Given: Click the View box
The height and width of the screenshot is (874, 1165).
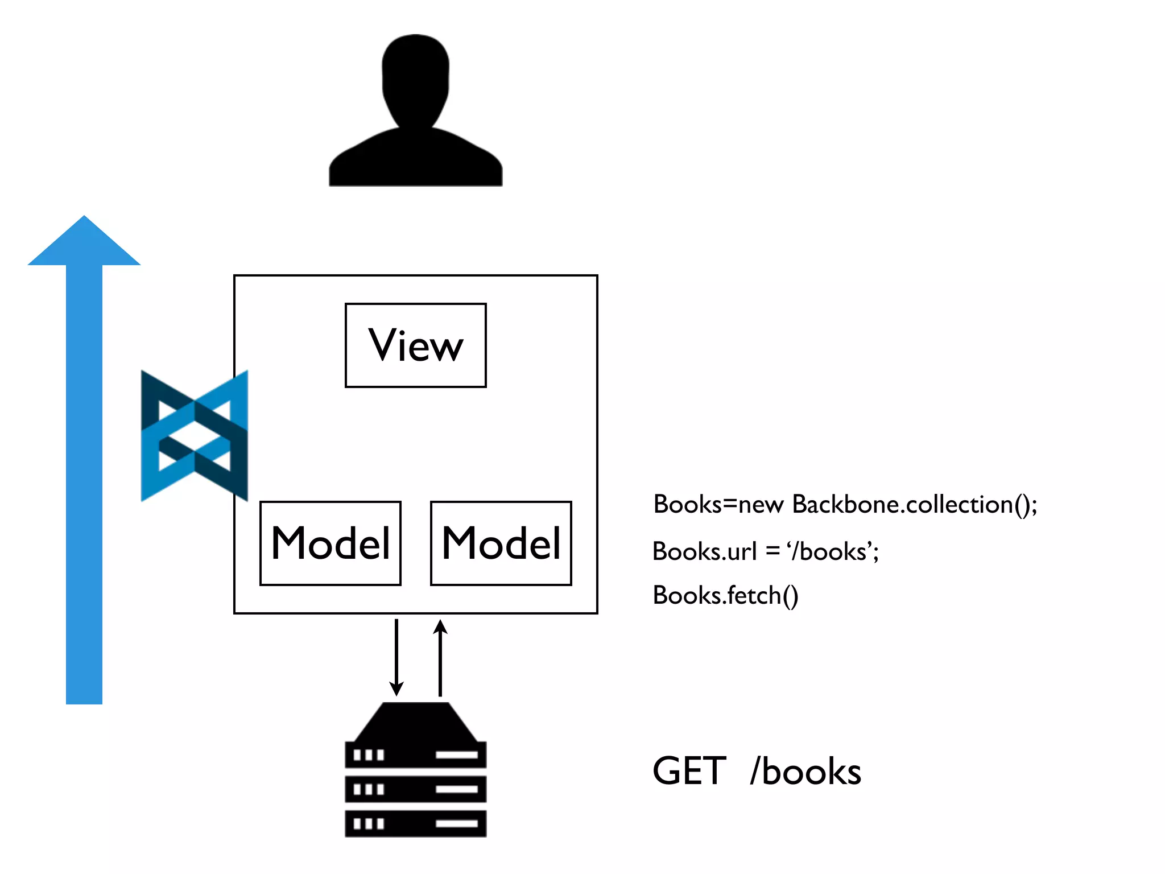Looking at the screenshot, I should point(416,345).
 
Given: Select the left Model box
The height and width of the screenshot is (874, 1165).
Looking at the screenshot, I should point(331,543).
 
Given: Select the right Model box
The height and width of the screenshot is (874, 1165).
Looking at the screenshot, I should point(501,543).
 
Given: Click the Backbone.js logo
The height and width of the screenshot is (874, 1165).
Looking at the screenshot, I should point(194,436).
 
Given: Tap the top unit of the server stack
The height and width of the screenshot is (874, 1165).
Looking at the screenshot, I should point(416,755).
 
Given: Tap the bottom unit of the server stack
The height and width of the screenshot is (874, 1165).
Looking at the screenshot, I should point(416,823).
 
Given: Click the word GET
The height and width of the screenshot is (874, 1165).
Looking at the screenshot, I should point(689,772).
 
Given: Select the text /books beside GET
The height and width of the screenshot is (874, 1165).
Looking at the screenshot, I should point(805,772).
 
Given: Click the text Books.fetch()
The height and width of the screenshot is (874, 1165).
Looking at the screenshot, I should point(725,596).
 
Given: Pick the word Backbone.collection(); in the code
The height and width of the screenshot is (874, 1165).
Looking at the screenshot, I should point(915,505).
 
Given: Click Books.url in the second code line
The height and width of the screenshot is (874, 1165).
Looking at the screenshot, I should point(704,551).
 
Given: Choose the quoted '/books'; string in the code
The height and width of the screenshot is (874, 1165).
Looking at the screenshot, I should point(833,551).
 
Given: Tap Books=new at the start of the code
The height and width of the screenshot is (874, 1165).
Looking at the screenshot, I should point(718,505).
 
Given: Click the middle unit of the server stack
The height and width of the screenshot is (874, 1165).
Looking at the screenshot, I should point(416,789).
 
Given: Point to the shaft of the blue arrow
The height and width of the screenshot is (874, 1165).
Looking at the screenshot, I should point(84,484).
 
